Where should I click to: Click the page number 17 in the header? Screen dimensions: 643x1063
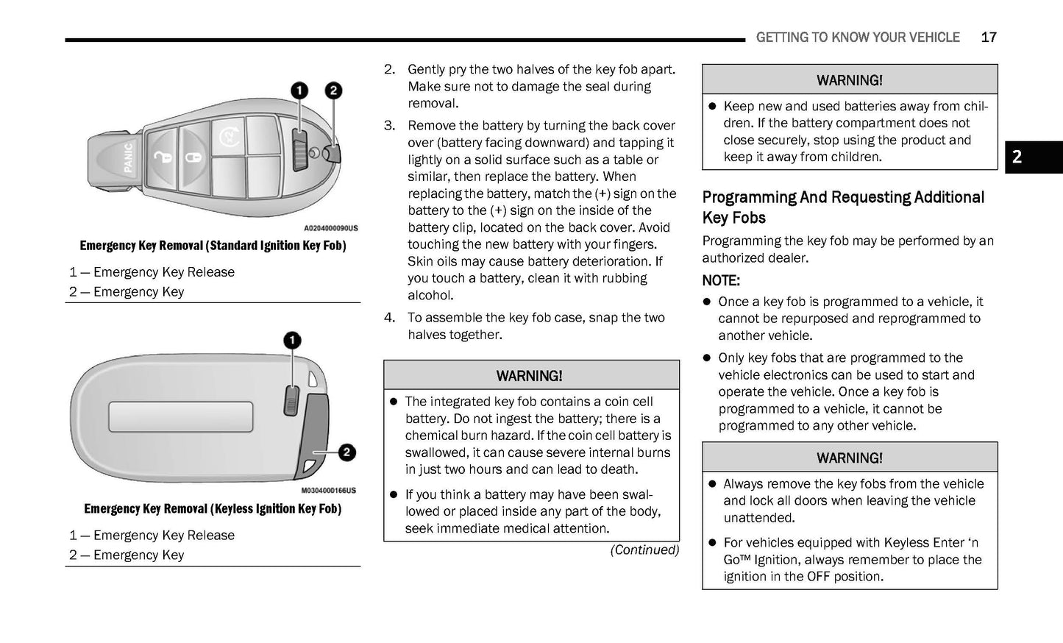pos(988,38)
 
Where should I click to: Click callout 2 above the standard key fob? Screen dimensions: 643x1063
pos(333,90)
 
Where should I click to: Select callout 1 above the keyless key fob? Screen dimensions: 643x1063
pos(292,340)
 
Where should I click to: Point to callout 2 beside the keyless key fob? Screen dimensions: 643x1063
pos(346,452)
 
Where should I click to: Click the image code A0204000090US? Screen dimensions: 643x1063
pos(331,228)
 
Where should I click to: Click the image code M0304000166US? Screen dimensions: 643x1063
pos(328,491)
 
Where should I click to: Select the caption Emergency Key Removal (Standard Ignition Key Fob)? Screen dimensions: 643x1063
pos(213,246)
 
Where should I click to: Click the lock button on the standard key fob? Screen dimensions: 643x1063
pos(193,157)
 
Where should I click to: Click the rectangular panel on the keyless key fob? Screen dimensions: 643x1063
pos(181,416)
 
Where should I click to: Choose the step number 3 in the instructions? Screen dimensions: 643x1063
pos(389,126)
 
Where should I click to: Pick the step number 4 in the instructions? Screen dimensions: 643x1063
pos(389,318)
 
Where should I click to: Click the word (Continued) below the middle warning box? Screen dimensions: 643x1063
pos(644,550)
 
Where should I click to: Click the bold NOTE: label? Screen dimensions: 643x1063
pos(721,280)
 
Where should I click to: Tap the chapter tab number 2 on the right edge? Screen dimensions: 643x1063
pos(1017,157)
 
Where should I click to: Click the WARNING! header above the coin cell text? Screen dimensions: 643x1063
pos(530,376)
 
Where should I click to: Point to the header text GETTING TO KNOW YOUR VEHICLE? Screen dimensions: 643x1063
pos(858,38)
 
